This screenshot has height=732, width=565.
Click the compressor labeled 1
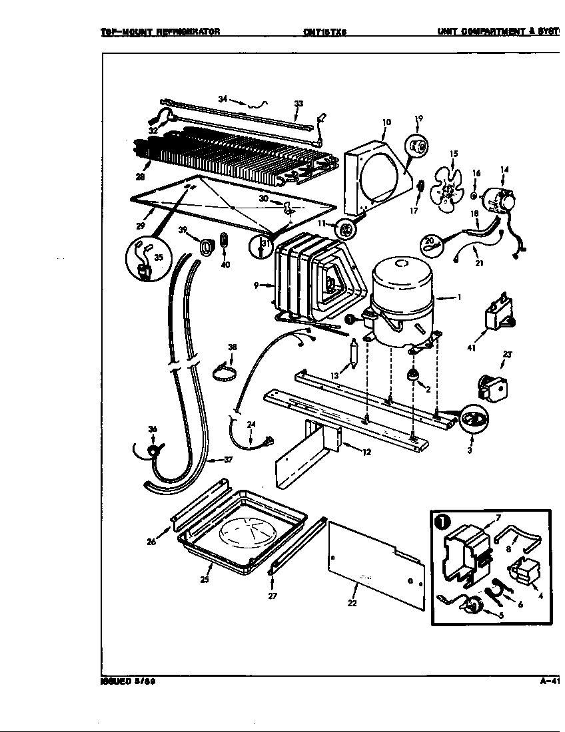[400, 299]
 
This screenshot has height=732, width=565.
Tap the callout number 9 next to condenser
[256, 286]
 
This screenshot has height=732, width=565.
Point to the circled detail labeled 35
[146, 260]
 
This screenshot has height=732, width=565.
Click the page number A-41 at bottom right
[550, 681]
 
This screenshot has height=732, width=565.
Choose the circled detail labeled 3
[473, 419]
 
